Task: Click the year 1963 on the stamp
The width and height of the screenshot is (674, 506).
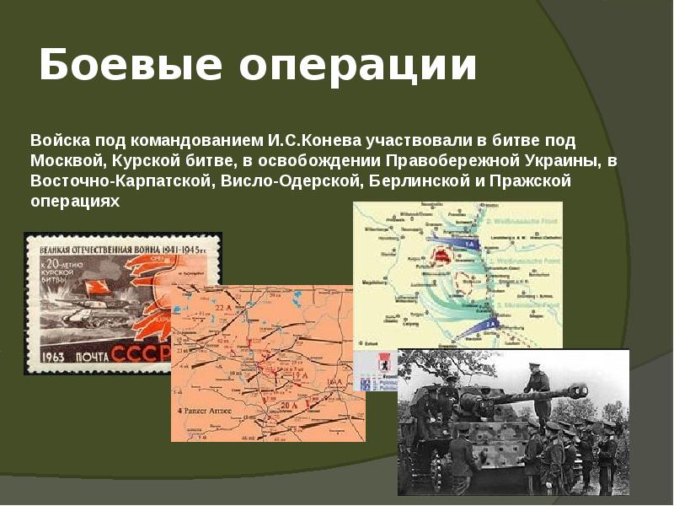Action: [x=51, y=352]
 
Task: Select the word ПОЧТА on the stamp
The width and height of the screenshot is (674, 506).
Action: [x=98, y=353]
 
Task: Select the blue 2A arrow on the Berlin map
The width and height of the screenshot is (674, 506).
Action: [x=489, y=323]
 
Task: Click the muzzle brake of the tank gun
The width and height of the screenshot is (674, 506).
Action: [x=579, y=392]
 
